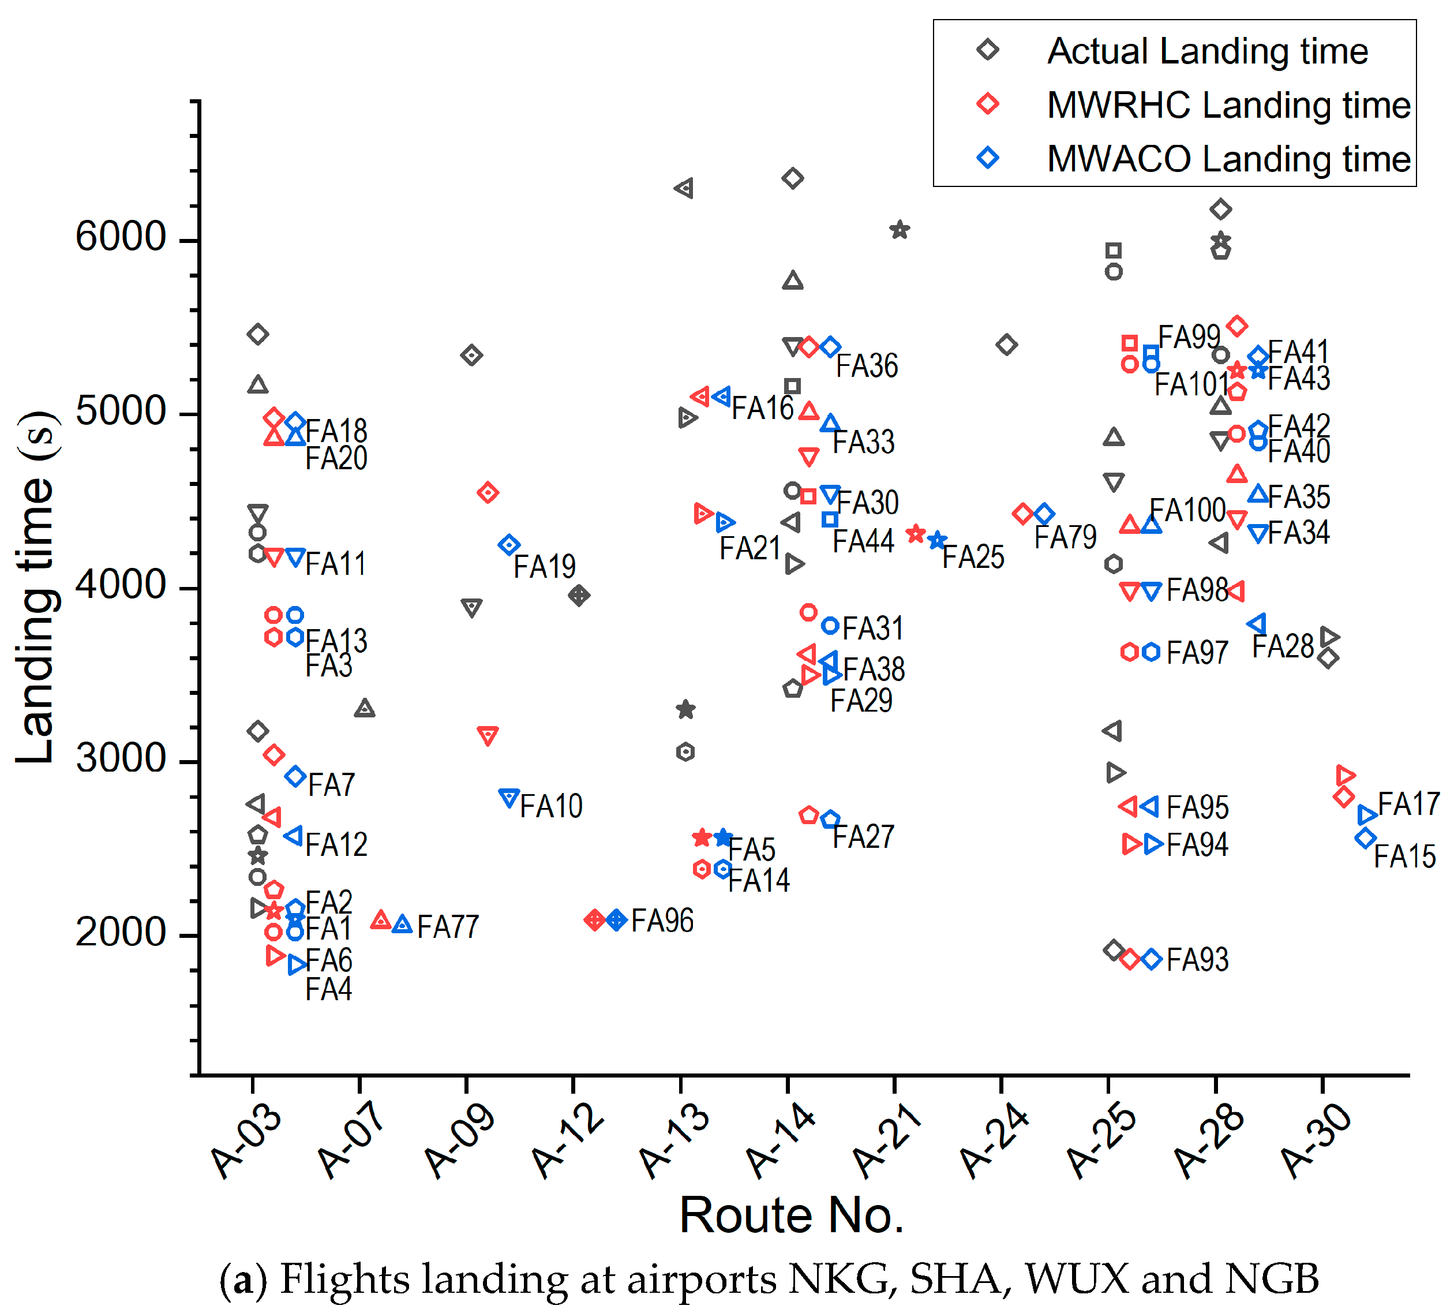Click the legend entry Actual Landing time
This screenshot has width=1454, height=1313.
pos(1207,52)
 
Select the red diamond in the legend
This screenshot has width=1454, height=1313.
pos(988,104)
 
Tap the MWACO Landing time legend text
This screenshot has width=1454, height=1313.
pos(1228,159)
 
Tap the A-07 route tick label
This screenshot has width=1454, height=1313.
pos(351,1143)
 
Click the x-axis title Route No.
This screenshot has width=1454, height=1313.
pos(791,1215)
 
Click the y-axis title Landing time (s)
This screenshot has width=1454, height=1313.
pos(36,588)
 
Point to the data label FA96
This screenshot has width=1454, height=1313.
pos(662,921)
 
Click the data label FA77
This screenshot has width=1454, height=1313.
pos(448,927)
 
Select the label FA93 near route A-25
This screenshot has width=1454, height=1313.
pos(1197,960)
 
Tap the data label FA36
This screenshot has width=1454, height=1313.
pos(867,366)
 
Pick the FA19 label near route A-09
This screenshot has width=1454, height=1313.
pos(545,567)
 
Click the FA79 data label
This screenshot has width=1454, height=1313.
pos(1065,537)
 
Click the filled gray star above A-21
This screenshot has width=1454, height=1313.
pos(900,230)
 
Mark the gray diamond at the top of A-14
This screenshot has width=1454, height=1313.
pos(793,178)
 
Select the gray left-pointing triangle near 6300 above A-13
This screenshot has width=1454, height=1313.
pos(684,188)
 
